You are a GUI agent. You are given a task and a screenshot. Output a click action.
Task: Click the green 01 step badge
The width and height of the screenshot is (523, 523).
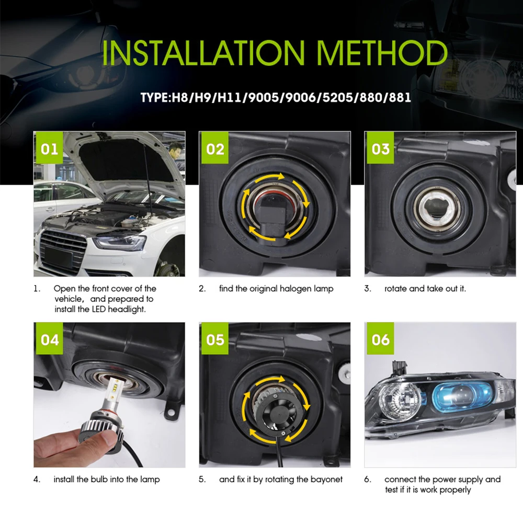50,149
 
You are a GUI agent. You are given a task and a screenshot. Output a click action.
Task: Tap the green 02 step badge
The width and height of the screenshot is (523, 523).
215,149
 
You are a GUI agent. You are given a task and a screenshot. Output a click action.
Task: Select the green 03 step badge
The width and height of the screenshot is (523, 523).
381,149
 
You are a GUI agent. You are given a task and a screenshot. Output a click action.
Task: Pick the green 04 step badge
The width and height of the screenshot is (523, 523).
50,339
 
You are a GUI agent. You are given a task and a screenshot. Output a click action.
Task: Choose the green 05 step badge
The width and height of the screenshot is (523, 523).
215,339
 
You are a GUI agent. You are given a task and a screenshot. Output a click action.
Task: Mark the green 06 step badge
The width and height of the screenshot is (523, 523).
381,339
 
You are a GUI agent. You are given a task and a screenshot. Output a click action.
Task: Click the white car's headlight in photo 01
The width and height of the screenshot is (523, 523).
122,243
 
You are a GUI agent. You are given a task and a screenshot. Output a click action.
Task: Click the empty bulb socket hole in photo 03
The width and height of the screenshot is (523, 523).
433,207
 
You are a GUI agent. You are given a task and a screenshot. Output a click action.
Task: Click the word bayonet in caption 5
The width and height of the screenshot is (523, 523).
326,479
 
